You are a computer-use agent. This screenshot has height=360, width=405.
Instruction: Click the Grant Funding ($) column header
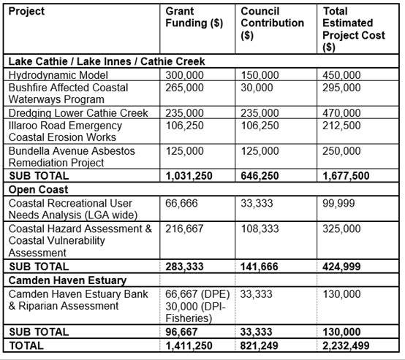point(194,17)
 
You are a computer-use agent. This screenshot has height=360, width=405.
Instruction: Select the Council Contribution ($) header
point(272,23)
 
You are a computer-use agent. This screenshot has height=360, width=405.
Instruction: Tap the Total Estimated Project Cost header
point(354,29)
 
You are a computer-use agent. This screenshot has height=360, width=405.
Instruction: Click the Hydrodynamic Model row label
point(58,75)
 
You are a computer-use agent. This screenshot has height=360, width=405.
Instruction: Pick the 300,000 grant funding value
point(184,75)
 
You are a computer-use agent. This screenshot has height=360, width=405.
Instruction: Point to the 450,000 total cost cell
point(341,75)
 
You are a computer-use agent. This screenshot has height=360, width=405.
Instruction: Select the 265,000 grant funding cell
point(184,88)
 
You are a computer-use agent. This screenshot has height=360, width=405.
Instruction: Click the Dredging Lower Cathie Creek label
point(78,113)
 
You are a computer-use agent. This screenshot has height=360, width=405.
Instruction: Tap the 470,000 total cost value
point(341,113)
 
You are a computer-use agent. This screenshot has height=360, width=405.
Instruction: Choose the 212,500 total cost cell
point(341,126)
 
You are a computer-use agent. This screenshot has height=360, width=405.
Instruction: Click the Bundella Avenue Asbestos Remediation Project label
point(72,157)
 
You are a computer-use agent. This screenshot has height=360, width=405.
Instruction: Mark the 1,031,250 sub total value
point(189,176)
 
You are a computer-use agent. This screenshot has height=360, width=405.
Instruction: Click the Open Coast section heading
point(38,189)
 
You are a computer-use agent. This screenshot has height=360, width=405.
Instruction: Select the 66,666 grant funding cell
point(181,203)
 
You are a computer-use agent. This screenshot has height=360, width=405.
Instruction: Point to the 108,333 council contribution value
point(260,229)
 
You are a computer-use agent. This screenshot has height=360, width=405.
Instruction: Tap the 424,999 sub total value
point(341,267)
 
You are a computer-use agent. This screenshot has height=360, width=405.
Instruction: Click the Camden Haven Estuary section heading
point(67,280)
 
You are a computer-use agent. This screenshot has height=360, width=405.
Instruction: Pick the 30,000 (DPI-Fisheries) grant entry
point(195,313)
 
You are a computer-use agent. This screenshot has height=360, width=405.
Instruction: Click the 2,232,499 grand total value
point(346,345)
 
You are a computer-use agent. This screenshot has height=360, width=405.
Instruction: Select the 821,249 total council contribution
point(259,345)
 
